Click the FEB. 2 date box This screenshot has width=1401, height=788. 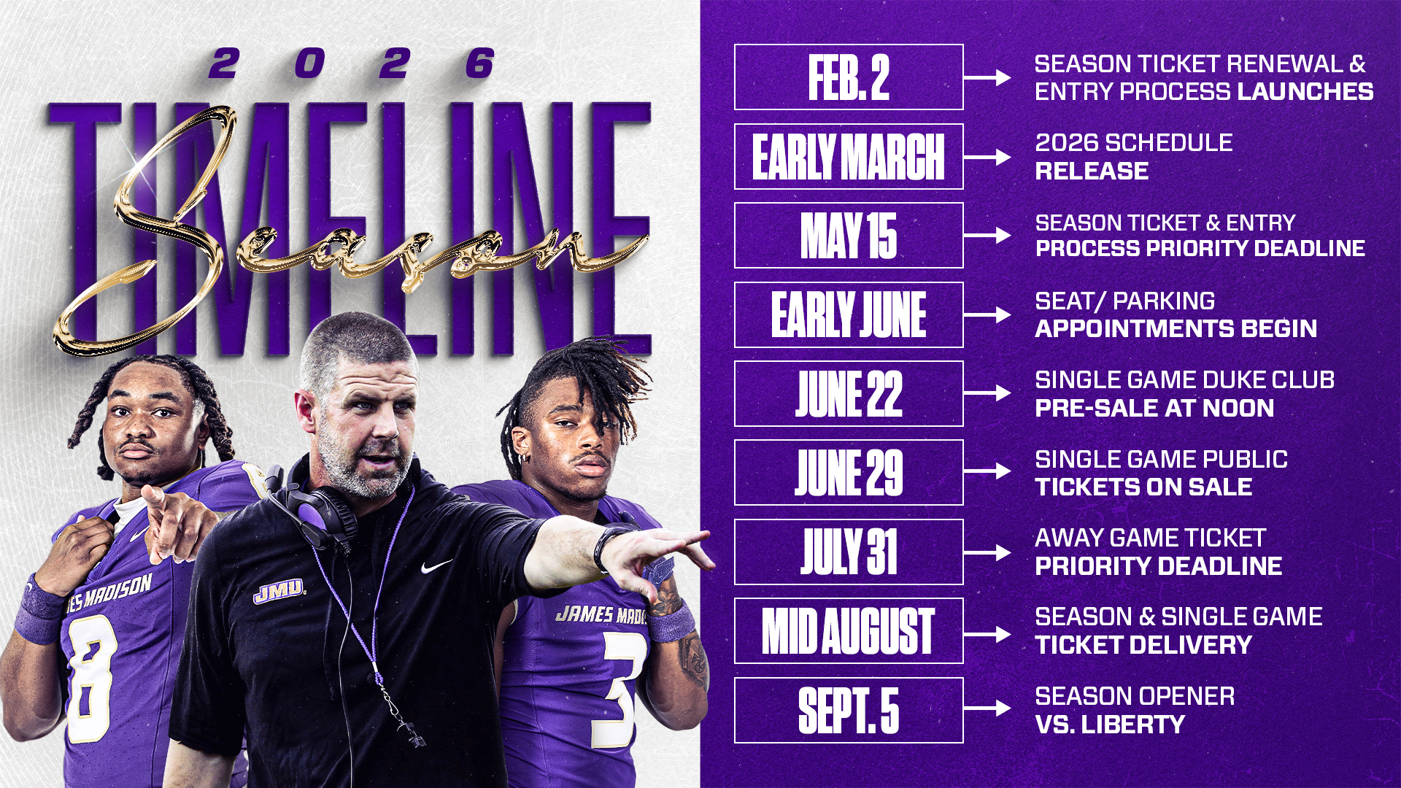849,77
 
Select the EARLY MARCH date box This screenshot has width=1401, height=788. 849,156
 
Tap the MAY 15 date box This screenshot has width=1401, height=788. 849,236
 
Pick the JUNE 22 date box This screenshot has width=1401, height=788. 849,393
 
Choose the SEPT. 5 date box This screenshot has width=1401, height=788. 849,710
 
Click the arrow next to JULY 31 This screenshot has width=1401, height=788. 987,552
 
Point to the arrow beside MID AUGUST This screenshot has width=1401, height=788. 987,632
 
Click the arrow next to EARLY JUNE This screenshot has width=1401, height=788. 987,314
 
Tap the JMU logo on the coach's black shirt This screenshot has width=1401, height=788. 278,590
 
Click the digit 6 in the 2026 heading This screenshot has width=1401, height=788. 480,63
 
